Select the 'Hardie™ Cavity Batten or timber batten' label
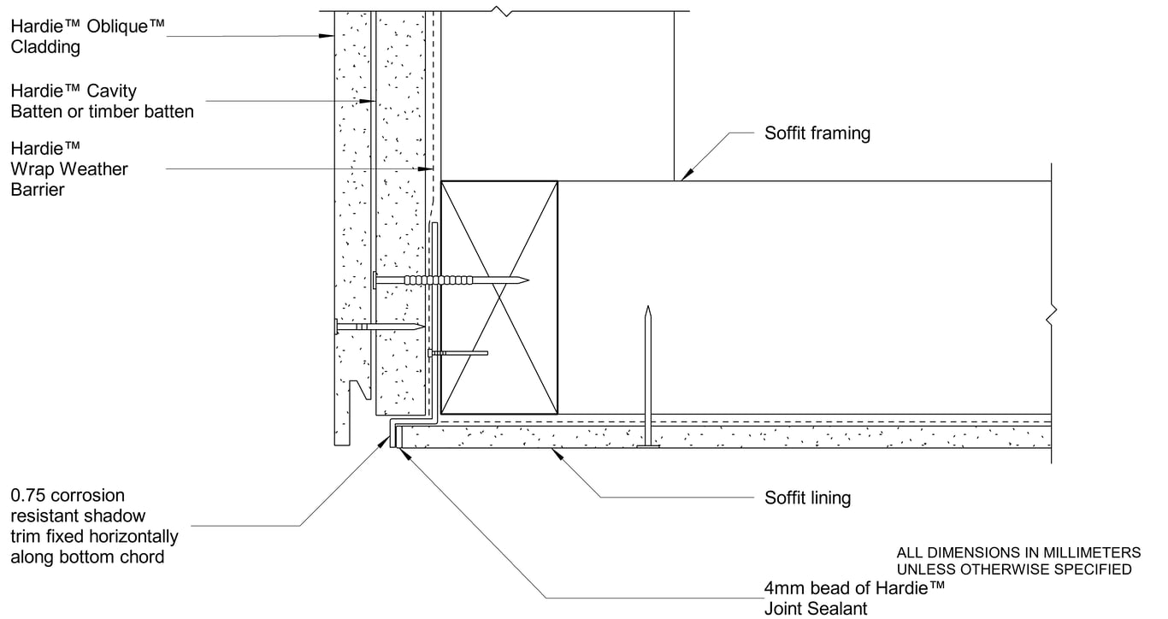point(102,101)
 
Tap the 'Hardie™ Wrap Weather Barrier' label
point(69,168)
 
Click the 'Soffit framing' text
point(817,133)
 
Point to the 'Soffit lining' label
point(807,498)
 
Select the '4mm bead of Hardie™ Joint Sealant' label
point(854,598)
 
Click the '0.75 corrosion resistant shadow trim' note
point(94,526)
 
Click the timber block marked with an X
point(498,296)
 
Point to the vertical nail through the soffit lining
point(648,376)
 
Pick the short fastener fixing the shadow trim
point(457,352)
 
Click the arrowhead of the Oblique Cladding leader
point(327,36)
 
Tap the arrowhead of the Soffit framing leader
point(685,175)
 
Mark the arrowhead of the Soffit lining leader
point(557,454)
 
